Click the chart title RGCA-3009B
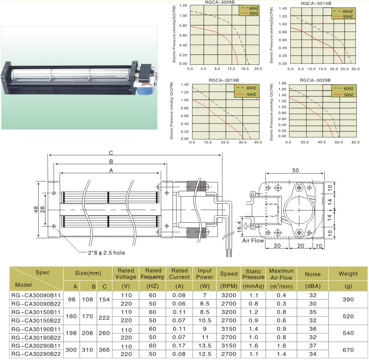click(219, 3)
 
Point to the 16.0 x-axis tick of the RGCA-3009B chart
click(245, 69)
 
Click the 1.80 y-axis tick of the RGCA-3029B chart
click(282, 83)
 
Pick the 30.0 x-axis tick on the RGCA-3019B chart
click(243, 142)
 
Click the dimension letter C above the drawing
click(111, 153)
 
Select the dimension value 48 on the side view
click(36, 209)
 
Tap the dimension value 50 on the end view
click(295, 170)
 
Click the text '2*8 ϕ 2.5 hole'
click(107, 253)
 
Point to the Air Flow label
click(253, 240)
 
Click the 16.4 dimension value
click(239, 227)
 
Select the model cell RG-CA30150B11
click(36, 312)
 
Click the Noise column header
click(313, 274)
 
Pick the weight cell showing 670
click(348, 350)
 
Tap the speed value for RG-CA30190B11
click(228, 329)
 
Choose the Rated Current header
click(179, 274)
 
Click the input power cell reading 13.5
click(204, 346)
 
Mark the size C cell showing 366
click(104, 350)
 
